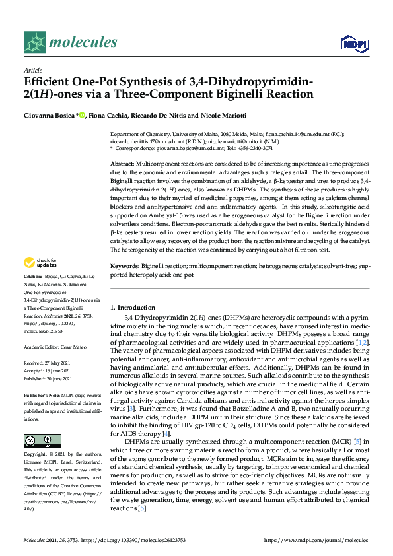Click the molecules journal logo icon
click(34, 43)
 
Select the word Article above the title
click(32, 70)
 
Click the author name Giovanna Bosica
click(50, 116)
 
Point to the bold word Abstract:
click(123, 163)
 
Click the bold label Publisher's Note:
click(43, 394)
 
